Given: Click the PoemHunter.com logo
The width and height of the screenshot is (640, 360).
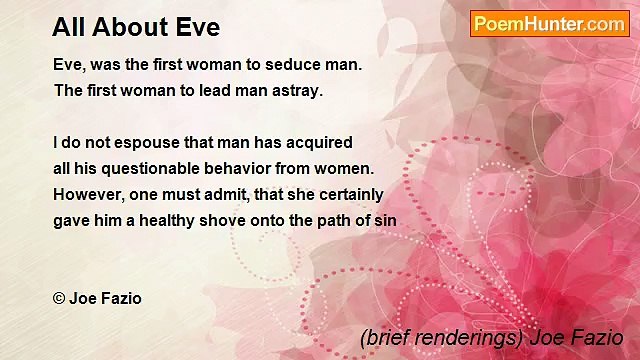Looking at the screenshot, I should point(549,24).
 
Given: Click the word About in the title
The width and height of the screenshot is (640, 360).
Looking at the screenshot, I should point(134,27).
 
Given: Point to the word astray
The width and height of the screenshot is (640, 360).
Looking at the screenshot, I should point(296,90).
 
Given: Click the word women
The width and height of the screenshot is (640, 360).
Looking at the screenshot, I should point(345,168).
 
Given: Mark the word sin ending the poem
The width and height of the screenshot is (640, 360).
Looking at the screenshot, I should point(386,220).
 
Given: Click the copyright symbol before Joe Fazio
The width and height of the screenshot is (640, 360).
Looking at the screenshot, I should point(59,298).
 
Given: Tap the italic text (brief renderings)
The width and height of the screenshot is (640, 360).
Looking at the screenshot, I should point(437,338).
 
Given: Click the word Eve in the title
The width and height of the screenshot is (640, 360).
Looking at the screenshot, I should point(195,27).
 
